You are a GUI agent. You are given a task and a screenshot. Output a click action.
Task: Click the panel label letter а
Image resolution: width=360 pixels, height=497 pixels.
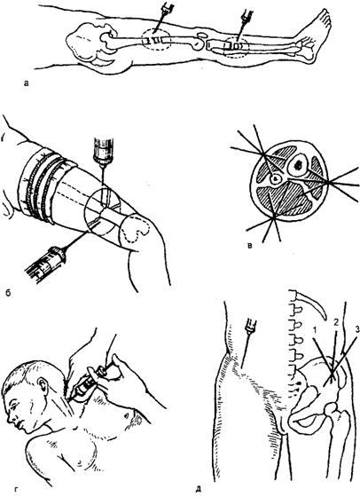pos(27,83)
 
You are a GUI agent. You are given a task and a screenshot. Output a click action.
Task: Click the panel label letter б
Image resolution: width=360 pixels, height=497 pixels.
pos(9,293)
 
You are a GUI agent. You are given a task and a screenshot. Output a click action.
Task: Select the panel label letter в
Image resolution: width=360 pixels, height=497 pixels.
pos(250,245)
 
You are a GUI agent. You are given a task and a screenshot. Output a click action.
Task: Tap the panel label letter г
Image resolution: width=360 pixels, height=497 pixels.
pos(17,491)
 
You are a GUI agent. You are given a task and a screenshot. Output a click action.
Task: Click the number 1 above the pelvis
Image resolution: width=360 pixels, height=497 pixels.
pos(315,331)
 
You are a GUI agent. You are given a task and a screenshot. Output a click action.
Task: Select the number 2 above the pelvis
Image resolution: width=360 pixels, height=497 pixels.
pos(336,322)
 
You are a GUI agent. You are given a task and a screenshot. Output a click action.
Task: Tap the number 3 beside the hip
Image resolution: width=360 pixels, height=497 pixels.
pos(357,330)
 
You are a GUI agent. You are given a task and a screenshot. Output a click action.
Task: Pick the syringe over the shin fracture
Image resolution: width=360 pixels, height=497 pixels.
pos(243,25)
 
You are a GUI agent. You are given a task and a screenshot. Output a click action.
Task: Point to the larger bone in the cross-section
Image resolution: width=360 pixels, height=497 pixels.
pos(298,164)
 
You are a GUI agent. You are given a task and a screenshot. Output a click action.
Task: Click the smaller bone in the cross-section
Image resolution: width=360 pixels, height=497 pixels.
pos(275,179)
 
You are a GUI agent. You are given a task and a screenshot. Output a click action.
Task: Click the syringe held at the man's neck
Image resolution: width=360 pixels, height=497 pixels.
pos(90,383)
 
